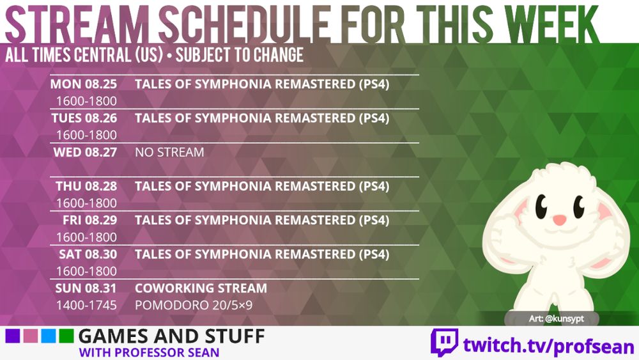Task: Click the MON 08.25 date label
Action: coord(82,84)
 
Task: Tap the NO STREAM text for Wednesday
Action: coord(169,152)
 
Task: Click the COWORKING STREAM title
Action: coord(201,288)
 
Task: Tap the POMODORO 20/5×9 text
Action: coord(194,305)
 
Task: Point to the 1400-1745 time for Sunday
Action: coord(86,305)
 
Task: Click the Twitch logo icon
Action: coord(444,343)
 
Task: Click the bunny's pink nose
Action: coord(559,220)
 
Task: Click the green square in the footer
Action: coord(65,336)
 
